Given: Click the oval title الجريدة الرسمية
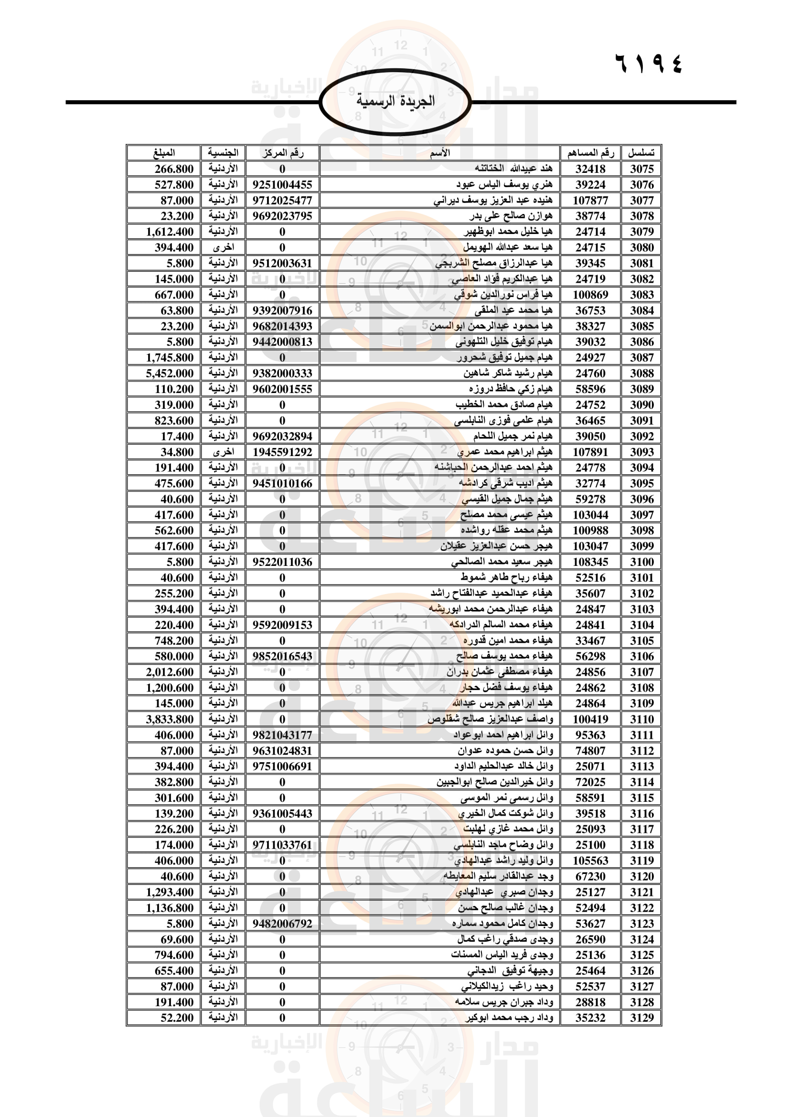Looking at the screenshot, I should coord(395,102).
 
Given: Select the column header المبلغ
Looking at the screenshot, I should coord(163,153).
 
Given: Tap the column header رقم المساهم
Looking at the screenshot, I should coord(590,153).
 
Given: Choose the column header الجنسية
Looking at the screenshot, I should coord(223,153).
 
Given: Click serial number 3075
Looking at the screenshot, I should coord(641,169).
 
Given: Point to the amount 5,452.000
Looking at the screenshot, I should coord(170,373).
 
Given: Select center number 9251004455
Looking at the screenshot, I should coord(282,184).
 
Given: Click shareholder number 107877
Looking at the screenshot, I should coord(590,200).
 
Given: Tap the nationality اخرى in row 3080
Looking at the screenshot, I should coord(223,247).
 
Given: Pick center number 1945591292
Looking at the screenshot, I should coord(282,452).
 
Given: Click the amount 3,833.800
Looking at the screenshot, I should coord(170,719).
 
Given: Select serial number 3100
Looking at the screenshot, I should coord(641,562).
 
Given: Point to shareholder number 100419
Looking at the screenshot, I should coord(590,719).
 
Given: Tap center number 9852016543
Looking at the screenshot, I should coord(282,656).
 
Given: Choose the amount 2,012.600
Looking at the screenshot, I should coord(170,672).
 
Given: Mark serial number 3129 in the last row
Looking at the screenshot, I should coord(641,1018).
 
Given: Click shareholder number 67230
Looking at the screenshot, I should coord(590,876).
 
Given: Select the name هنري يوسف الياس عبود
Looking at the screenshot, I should coord(504,184).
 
